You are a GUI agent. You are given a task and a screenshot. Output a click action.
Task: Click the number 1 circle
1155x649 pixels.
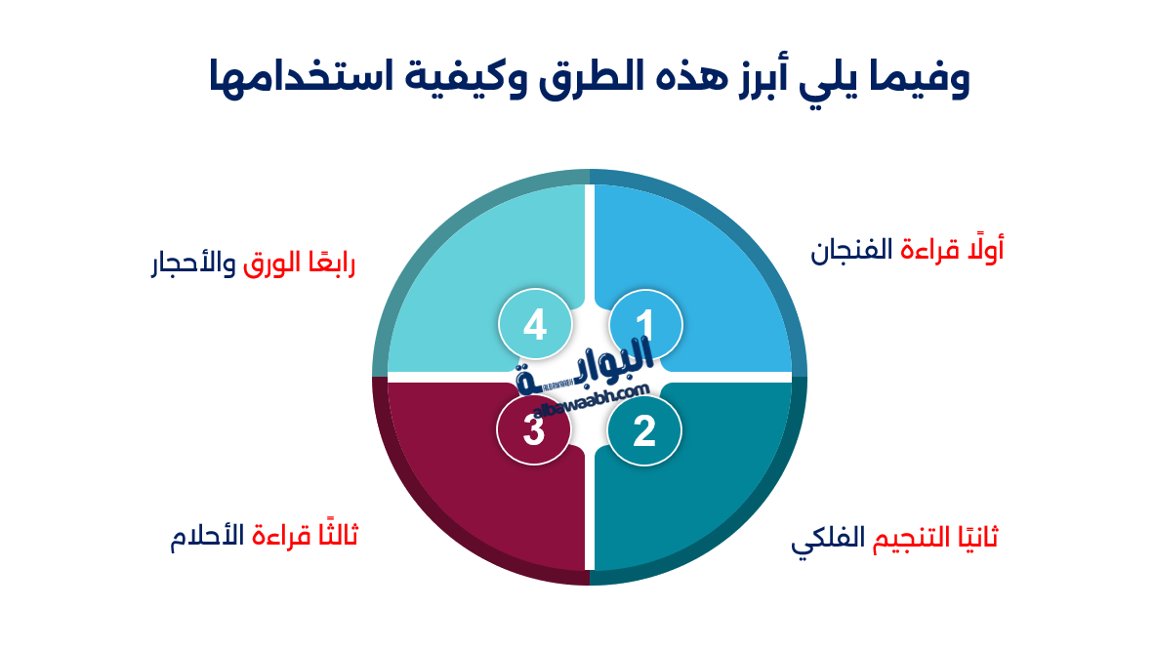(645, 324)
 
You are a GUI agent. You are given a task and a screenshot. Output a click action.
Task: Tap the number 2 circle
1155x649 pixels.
(643, 430)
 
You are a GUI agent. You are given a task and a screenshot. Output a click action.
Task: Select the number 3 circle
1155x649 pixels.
(533, 429)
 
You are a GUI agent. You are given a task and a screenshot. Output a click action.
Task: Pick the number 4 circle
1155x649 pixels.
(534, 324)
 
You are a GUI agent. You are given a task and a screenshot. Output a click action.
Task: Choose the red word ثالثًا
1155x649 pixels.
(335, 536)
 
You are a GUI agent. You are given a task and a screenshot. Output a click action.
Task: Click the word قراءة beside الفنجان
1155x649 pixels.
(928, 251)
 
